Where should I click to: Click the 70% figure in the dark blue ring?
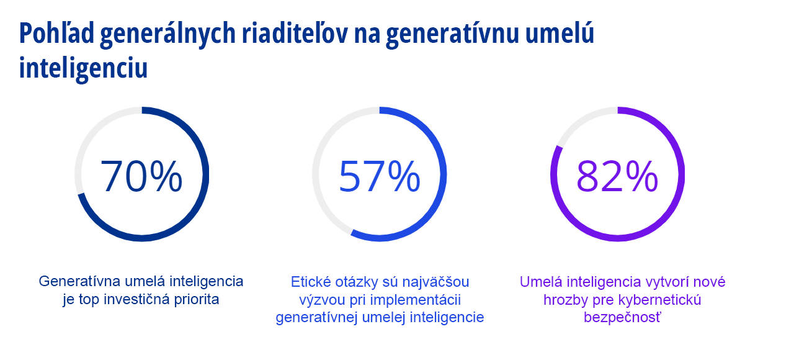141,176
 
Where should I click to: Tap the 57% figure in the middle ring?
379,176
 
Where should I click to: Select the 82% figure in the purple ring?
617,176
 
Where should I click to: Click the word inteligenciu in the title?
83,68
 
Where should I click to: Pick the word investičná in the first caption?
132,299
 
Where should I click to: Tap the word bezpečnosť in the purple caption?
622,318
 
